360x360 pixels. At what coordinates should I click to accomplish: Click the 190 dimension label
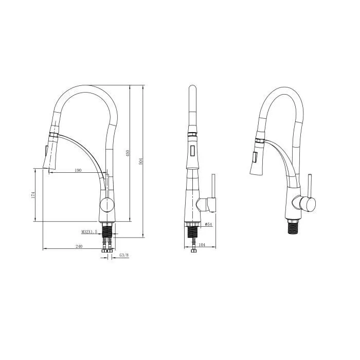[x=78, y=170]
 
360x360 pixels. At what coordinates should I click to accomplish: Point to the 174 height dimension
[x=32, y=195]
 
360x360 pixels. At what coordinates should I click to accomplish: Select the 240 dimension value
[x=79, y=246]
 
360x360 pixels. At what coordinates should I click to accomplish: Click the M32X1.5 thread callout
[x=89, y=232]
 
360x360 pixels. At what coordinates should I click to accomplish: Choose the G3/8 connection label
[x=123, y=255]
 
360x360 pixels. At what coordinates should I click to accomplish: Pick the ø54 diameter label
[x=208, y=225]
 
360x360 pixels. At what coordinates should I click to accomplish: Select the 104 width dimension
[x=202, y=246]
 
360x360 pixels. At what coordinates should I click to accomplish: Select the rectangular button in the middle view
[x=192, y=152]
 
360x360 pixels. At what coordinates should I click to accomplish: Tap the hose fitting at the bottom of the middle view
[x=193, y=250]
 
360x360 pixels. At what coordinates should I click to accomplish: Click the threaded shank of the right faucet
[x=294, y=225]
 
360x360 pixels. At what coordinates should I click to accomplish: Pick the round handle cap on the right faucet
[x=307, y=205]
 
